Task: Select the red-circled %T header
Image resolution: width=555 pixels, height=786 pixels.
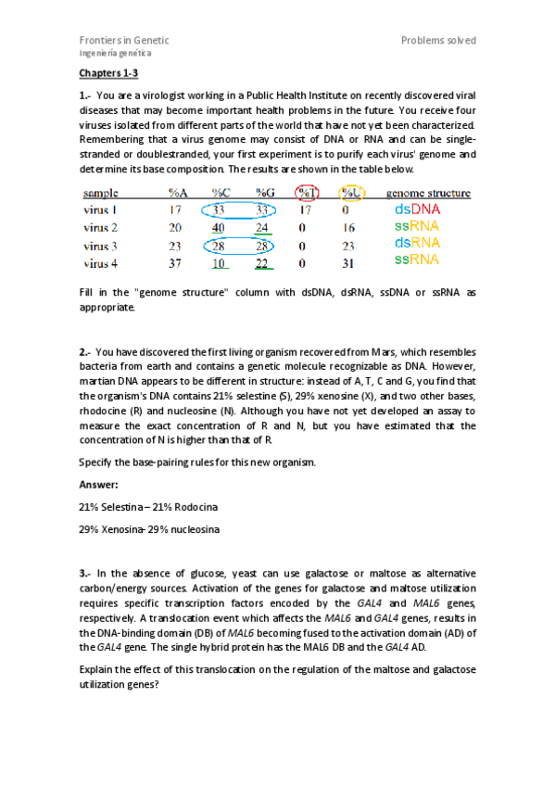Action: [x=305, y=194]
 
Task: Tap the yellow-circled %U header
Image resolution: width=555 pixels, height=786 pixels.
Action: [x=350, y=194]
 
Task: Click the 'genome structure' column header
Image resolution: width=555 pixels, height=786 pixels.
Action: [x=428, y=194]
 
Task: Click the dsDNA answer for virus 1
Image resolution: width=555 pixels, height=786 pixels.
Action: [x=417, y=209]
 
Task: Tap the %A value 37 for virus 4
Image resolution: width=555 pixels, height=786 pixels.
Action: [x=175, y=260]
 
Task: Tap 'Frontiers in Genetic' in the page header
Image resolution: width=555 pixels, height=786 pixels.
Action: [x=123, y=41]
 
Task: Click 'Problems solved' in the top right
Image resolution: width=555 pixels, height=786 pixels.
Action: [x=438, y=41]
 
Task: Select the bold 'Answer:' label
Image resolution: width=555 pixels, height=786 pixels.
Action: [x=97, y=484]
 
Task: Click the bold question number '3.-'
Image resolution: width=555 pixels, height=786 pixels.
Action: [x=85, y=575]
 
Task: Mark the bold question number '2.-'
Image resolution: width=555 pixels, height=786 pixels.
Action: [x=85, y=352]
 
